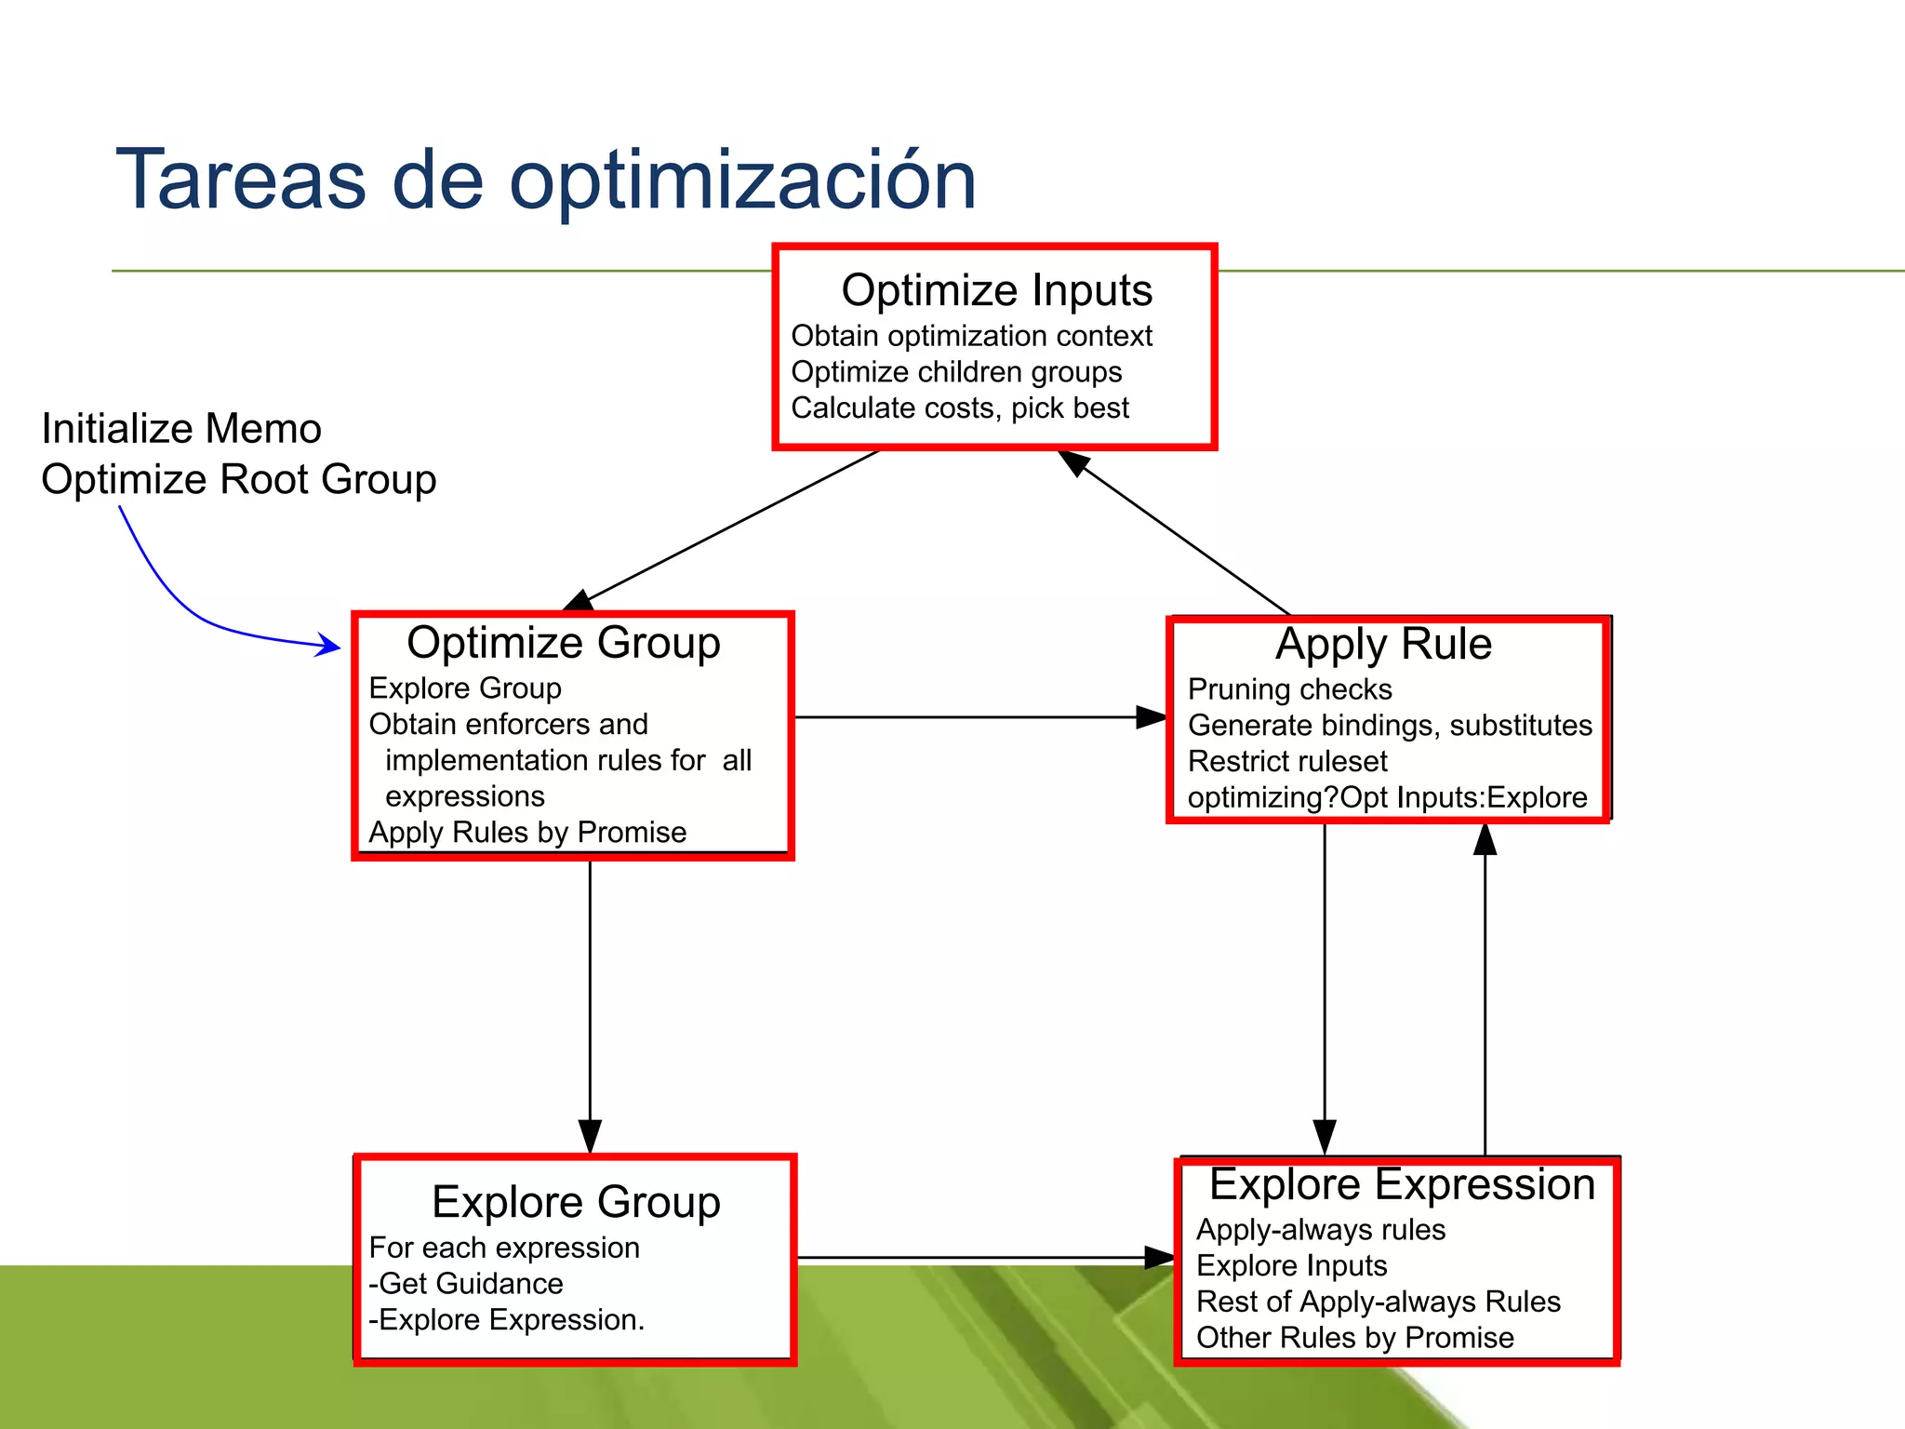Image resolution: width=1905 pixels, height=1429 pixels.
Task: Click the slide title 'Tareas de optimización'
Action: [x=546, y=180]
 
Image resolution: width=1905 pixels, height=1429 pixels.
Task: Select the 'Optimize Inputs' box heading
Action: [x=996, y=290]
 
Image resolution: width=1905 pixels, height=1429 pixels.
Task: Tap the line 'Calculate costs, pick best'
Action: [x=959, y=408]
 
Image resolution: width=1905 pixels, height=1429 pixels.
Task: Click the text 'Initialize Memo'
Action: [x=181, y=429]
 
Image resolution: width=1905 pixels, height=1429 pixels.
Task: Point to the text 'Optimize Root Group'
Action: [x=239, y=480]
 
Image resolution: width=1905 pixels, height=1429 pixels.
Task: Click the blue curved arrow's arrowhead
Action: [x=330, y=645]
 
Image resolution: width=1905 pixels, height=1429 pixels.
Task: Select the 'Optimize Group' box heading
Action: [x=563, y=643]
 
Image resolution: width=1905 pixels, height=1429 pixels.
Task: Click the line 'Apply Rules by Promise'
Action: [x=527, y=832]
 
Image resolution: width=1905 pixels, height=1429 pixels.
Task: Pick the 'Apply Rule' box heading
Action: [x=1383, y=644]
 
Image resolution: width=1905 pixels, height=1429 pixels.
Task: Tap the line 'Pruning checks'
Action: [x=1289, y=689]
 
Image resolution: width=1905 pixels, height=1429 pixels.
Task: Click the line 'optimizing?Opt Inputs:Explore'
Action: [x=1387, y=797]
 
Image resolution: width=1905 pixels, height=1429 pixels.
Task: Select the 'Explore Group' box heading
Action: [x=576, y=1202]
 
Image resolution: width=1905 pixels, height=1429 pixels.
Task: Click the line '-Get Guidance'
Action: [x=466, y=1284]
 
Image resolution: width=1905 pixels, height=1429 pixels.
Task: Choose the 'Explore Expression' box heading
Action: [x=1402, y=1184]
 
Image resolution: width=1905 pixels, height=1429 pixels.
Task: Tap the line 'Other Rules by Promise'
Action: [x=1354, y=1338]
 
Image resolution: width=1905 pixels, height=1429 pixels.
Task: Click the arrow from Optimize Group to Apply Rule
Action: [x=977, y=717]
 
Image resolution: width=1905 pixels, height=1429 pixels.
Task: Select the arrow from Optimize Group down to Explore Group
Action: [x=590, y=1005]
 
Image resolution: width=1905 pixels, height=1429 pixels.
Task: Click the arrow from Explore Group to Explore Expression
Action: [x=977, y=1258]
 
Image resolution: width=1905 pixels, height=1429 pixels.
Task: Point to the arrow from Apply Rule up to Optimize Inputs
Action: [x=1177, y=535]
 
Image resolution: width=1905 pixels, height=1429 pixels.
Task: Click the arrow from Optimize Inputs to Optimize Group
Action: [x=730, y=528]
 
